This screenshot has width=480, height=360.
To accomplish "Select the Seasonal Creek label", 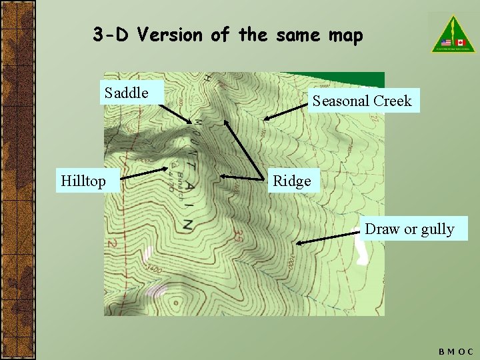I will click(362, 101).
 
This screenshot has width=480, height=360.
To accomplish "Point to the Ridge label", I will click(292, 181).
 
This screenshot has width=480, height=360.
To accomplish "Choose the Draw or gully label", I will click(409, 229).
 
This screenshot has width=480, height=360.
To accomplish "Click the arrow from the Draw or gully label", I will click(329, 237).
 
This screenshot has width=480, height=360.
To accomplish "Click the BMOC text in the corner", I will click(456, 351).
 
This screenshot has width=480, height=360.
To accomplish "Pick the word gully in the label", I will click(437, 229).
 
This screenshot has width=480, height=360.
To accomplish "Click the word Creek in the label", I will click(393, 101).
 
